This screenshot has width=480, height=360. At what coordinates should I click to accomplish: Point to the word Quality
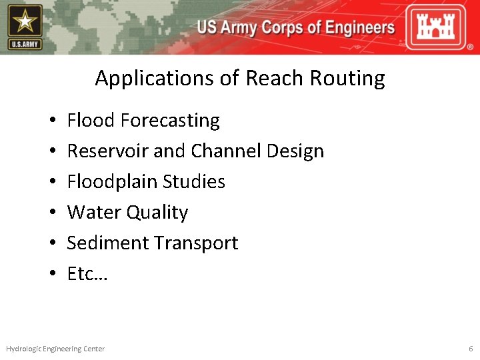pyautogui.click(x=157, y=213)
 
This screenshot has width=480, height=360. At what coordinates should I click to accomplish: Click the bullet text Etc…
pyautogui.click(x=87, y=274)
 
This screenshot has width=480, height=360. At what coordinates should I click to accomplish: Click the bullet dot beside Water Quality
pyautogui.click(x=52, y=213)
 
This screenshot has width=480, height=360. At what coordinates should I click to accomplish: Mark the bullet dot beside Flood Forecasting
pyautogui.click(x=52, y=121)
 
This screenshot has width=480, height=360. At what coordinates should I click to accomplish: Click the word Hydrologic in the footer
pyautogui.click(x=24, y=349)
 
